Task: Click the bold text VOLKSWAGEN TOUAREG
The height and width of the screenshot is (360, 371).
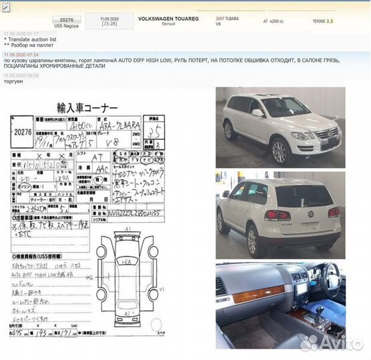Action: (169, 18)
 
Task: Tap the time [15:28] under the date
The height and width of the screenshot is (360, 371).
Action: (110, 24)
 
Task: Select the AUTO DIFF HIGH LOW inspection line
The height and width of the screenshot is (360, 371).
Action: (41, 275)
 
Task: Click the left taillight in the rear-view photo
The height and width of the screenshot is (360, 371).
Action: (277, 215)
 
